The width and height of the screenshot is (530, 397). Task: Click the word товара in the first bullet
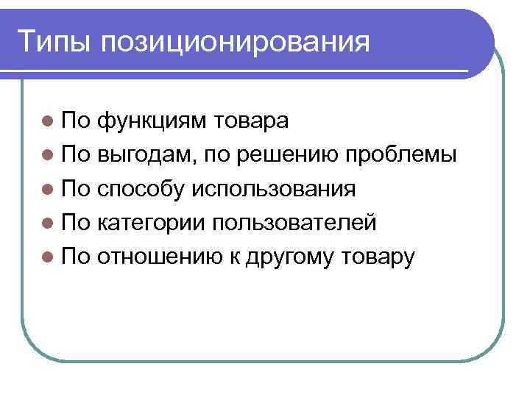coord(252,121)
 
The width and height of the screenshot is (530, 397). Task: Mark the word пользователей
coord(294,223)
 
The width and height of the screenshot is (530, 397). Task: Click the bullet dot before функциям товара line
coord(48,121)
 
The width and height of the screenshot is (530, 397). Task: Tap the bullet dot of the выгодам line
coord(48,155)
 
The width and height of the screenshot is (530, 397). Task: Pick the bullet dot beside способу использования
coord(48,189)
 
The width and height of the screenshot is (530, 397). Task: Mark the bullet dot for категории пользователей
coord(48,223)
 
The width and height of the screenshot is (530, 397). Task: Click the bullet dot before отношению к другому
coord(48,257)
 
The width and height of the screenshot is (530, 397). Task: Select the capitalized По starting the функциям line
coord(76,121)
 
